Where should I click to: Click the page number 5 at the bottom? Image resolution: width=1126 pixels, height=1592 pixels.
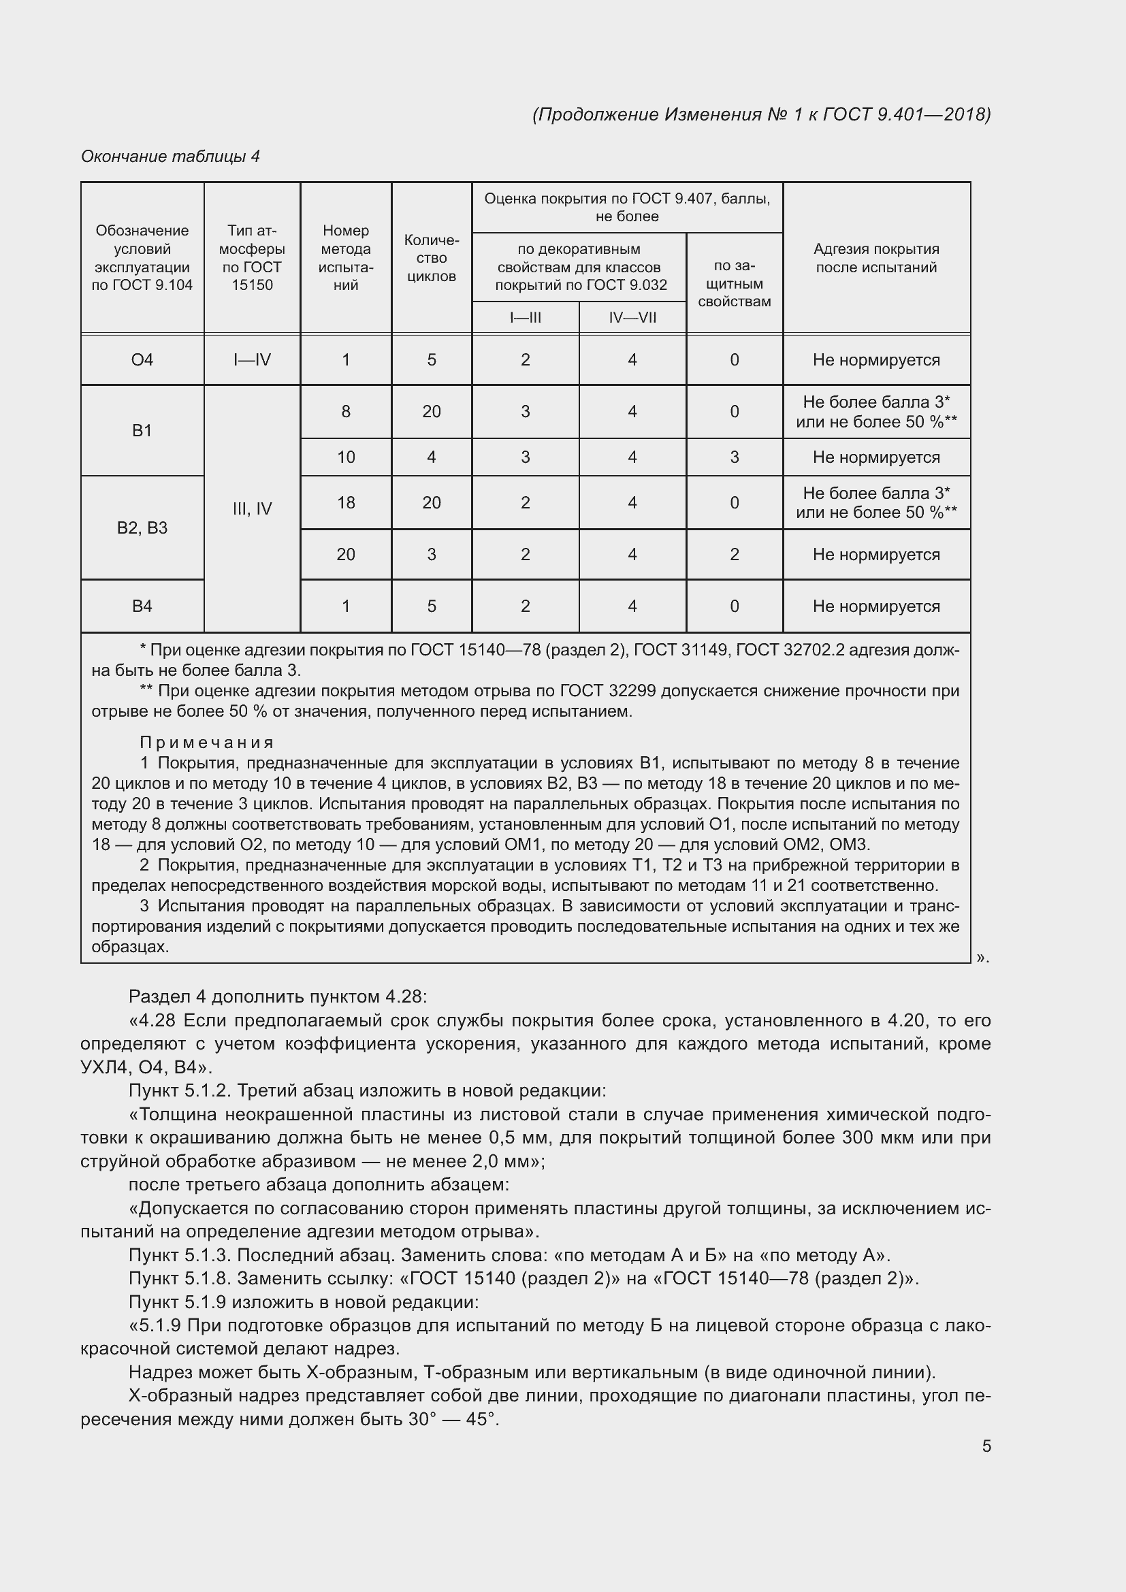point(986,1446)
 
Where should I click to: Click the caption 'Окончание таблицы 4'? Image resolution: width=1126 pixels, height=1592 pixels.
point(170,157)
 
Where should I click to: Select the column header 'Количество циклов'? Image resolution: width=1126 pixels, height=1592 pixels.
point(431,258)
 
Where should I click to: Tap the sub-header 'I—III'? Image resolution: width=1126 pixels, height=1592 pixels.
point(525,318)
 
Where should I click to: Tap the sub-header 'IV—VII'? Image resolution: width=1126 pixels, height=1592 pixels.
point(632,318)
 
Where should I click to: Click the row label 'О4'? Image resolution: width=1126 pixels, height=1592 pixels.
point(142,360)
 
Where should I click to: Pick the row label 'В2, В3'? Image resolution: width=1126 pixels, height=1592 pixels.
point(142,527)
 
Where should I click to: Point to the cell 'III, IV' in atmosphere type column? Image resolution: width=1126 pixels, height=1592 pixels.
point(252,509)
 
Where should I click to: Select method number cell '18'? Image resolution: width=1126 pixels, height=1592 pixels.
point(345,503)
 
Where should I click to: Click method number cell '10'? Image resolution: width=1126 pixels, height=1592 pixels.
point(345,457)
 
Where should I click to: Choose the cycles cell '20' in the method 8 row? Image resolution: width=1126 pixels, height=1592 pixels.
point(431,412)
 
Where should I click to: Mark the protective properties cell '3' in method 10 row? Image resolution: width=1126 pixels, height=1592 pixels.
point(735,457)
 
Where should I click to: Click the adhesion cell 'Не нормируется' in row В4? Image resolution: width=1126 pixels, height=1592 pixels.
point(875,606)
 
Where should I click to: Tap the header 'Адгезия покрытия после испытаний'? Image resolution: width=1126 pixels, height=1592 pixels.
point(875,258)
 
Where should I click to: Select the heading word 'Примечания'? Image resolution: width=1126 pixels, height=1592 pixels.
point(208,743)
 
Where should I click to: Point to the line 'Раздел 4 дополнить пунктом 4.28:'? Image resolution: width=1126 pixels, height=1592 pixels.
point(278,996)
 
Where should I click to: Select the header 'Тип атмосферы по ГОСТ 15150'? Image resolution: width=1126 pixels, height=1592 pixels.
point(252,258)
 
